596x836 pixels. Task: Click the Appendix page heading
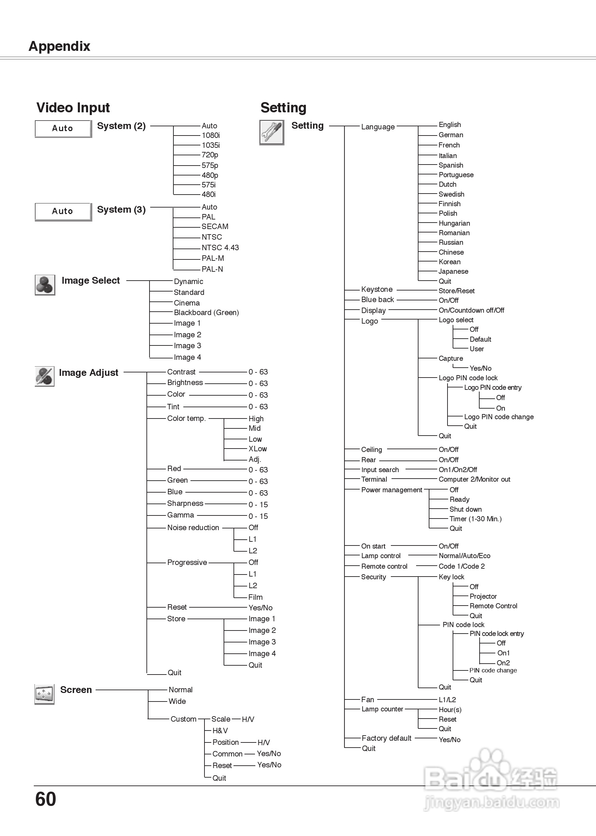[x=59, y=46]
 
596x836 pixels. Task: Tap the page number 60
[x=45, y=799]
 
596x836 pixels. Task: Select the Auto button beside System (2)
[x=63, y=128]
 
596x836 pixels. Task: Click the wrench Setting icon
[x=272, y=132]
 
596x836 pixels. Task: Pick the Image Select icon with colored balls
[x=45, y=285]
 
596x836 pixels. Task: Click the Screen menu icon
[x=44, y=694]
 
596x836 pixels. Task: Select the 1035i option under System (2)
[x=211, y=145]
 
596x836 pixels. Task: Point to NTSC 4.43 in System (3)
[x=220, y=248]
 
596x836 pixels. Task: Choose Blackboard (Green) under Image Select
[x=206, y=313]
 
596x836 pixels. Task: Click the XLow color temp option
[x=258, y=449]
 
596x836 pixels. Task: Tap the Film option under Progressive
[x=255, y=597]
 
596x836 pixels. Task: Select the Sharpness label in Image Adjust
[x=185, y=504]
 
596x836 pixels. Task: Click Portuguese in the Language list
[x=456, y=175]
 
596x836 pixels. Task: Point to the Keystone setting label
[x=377, y=289]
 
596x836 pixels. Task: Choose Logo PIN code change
[x=499, y=417]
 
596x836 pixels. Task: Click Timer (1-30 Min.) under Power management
[x=475, y=519]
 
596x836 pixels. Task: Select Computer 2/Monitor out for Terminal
[x=474, y=479]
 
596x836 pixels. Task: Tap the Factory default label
[x=386, y=738]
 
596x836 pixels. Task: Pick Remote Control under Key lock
[x=493, y=606]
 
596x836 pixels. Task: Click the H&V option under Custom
[x=220, y=731]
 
